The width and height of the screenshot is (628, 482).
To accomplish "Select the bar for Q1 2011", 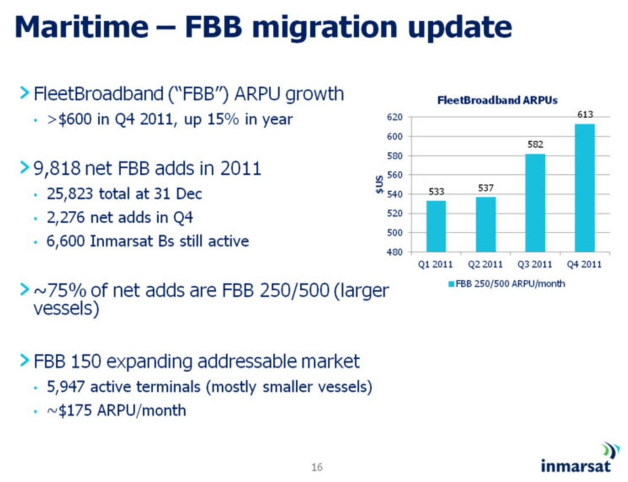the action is (x=436, y=226).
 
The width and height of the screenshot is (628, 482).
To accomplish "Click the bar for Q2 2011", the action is (x=486, y=224).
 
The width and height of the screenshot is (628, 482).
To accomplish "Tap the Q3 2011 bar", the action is (x=535, y=203).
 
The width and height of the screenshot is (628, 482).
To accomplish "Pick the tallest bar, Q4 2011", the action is (x=585, y=188).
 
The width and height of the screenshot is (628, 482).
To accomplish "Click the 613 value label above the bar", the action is (x=585, y=115).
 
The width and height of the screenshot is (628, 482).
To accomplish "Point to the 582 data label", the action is (x=535, y=145).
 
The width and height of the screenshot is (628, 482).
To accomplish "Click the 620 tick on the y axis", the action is (x=395, y=117).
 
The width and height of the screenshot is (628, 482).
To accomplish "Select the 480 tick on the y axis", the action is (x=395, y=252).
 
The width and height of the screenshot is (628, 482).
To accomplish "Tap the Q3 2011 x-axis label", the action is (x=535, y=265).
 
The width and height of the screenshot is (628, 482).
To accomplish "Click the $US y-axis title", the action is (x=379, y=184).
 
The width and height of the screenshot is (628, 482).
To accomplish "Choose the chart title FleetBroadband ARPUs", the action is (x=497, y=100).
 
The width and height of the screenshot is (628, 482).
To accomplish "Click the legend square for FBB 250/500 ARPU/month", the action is (x=451, y=284).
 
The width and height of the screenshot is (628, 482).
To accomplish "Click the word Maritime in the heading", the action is (x=81, y=27).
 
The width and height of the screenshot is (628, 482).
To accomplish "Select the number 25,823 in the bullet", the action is (x=70, y=194).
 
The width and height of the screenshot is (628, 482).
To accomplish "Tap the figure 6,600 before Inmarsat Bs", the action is (x=66, y=241).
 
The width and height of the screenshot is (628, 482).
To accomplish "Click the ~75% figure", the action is (x=59, y=290).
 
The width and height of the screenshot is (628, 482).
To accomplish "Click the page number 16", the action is (x=317, y=467).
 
